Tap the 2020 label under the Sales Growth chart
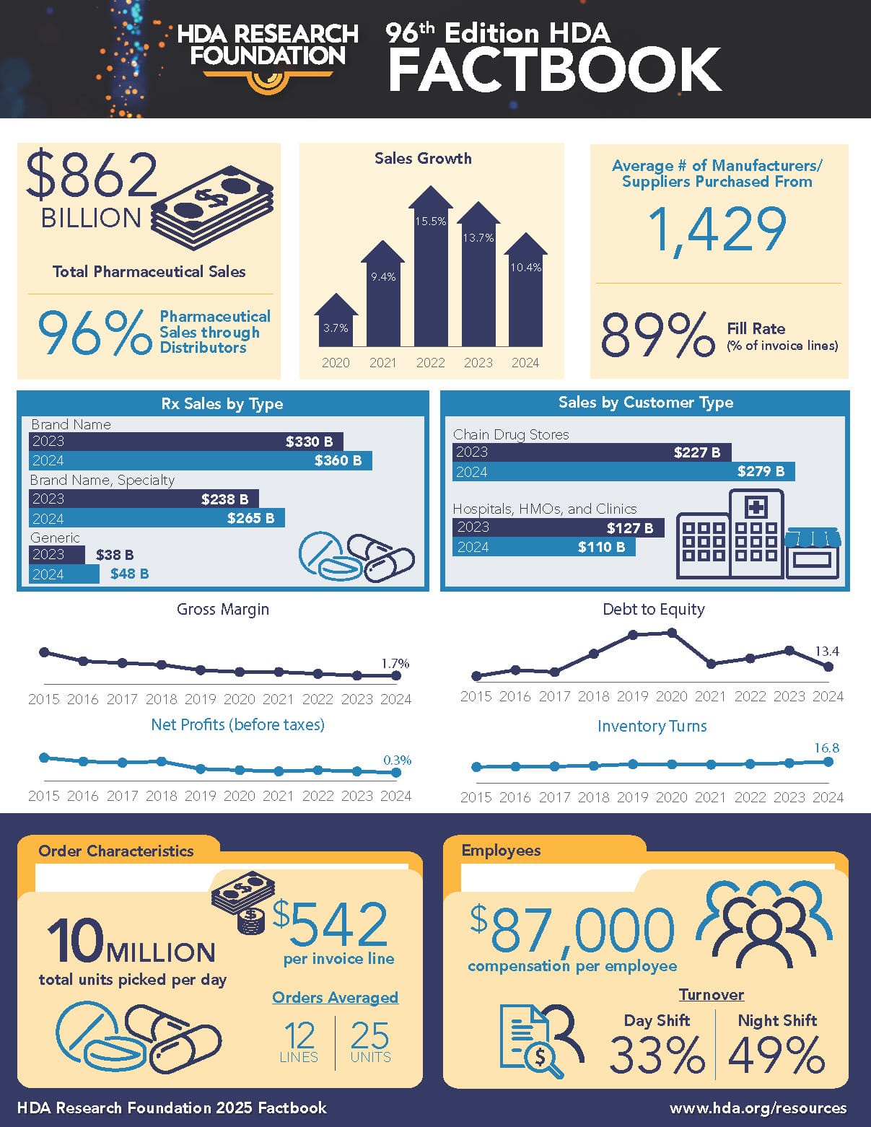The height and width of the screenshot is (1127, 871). click(336, 363)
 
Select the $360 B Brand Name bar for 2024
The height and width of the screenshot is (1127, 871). click(201, 460)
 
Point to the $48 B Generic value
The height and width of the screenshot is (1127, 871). click(130, 574)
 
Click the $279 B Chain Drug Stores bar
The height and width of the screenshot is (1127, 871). click(624, 472)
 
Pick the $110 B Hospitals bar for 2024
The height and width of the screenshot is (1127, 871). click(544, 547)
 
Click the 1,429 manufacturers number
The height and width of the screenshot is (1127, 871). click(717, 230)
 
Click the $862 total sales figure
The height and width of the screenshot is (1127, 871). click(92, 176)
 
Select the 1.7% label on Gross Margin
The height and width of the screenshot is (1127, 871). click(395, 663)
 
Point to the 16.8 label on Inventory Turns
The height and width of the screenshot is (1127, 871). click(827, 748)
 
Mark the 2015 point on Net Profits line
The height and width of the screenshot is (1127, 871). click(44, 758)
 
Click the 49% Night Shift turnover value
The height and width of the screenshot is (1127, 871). click(776, 1055)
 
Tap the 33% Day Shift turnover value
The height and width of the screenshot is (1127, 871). click(657, 1055)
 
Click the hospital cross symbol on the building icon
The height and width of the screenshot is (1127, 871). click(756, 507)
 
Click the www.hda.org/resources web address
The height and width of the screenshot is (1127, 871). click(758, 1108)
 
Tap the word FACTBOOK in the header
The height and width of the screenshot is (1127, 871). click(554, 70)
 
